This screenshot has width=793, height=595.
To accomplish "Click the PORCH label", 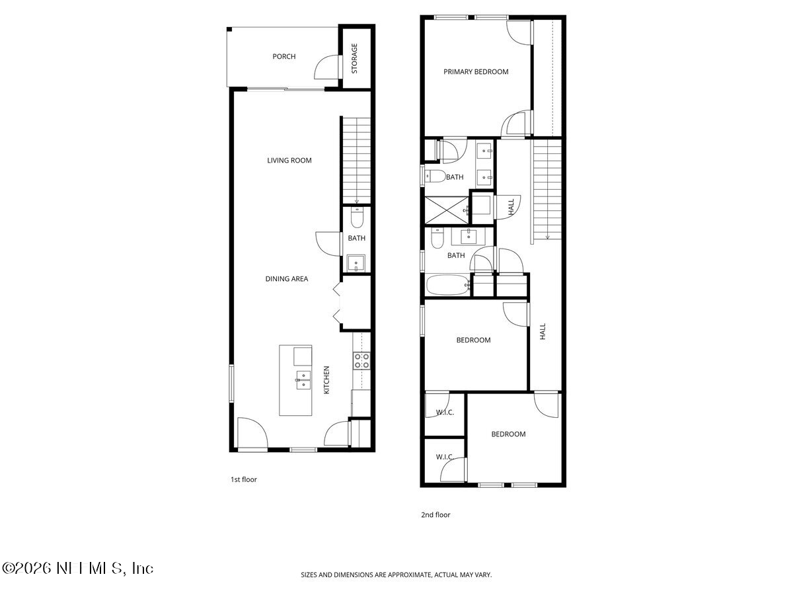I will click(284, 56).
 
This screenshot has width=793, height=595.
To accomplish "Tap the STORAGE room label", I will click(354, 58).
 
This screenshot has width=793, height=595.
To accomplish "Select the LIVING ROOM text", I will click(289, 160).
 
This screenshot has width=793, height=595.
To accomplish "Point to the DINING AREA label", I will click(287, 279).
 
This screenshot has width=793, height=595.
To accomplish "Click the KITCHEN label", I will click(326, 381).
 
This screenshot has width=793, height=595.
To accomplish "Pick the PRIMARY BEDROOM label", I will click(476, 71).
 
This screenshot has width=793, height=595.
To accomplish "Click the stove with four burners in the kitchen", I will click(361, 360).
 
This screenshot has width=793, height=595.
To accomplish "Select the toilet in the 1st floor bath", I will click(357, 216).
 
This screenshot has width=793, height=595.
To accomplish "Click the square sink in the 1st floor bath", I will click(356, 263).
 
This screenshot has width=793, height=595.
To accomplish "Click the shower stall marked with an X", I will click(446, 208).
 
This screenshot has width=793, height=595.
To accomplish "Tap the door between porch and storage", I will click(328, 67).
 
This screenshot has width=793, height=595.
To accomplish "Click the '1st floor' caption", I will click(243, 479).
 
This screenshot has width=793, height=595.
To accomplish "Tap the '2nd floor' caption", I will click(435, 514).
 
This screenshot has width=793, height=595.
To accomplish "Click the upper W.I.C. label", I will click(443, 413).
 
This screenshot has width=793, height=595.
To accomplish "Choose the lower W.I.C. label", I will click(443, 457).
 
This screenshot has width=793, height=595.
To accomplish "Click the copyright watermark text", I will click(78, 568).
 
